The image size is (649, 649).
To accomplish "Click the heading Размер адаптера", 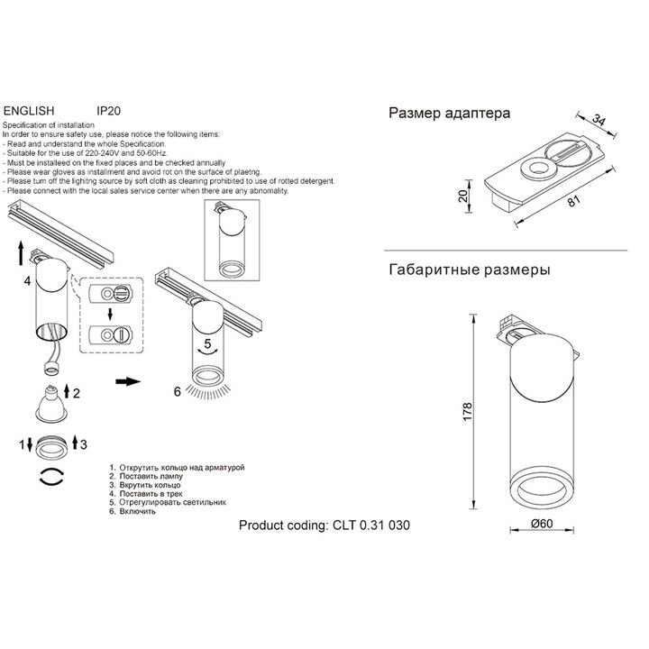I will click(x=449, y=114).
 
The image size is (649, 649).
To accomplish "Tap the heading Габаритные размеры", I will click(x=469, y=270).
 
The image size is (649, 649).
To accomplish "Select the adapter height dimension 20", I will click(x=462, y=197).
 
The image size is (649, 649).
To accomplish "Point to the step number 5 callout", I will click(x=207, y=343).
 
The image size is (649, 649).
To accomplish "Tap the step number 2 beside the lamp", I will click(x=78, y=393).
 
